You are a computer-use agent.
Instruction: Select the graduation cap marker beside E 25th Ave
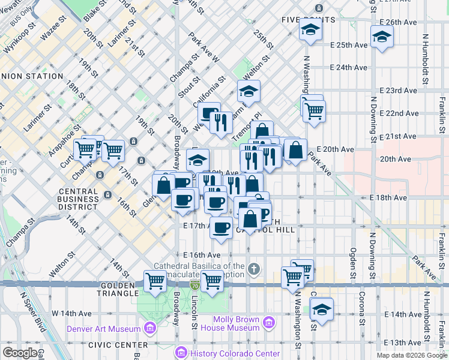click(x=381, y=38)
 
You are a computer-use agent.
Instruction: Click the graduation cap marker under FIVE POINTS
click(x=310, y=31)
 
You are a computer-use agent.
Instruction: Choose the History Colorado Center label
click(x=234, y=353)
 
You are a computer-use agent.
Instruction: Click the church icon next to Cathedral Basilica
click(x=254, y=268)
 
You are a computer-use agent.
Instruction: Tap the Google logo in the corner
click(x=20, y=353)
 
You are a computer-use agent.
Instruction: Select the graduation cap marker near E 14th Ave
click(x=322, y=310)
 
